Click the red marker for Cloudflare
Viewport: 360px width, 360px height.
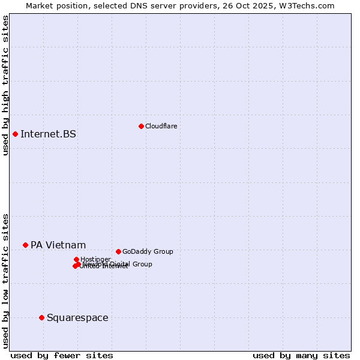click(141, 126)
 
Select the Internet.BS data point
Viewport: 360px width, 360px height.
click(15, 134)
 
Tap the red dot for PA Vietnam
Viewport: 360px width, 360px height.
click(25, 245)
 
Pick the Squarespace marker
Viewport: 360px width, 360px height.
click(41, 317)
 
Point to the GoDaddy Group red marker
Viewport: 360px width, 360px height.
click(118, 251)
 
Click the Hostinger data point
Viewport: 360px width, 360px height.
click(76, 259)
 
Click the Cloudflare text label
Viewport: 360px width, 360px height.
click(161, 126)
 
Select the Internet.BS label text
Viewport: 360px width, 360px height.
click(48, 134)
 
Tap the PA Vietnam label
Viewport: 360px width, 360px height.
click(58, 245)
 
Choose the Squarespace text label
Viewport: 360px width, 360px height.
click(77, 317)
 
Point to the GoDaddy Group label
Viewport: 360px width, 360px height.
click(148, 251)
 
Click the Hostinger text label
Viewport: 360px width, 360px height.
click(95, 259)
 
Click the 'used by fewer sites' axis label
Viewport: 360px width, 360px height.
click(62, 355)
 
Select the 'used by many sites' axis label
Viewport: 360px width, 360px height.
click(301, 355)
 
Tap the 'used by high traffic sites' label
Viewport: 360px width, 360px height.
click(5, 85)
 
